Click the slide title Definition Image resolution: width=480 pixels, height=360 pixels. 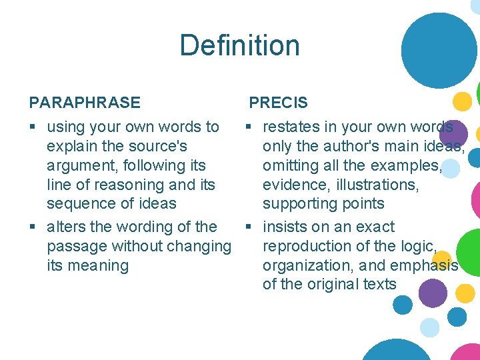pyautogui.click(x=239, y=46)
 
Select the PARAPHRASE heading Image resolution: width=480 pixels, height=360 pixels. pyautogui.click(x=85, y=103)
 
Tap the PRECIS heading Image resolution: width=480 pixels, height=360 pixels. pyautogui.click(x=278, y=103)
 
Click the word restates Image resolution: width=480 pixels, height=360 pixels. pyautogui.click(x=291, y=127)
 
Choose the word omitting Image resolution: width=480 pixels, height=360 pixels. pyautogui.click(x=291, y=165)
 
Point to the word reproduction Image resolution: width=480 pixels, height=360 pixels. pyautogui.click(x=309, y=247)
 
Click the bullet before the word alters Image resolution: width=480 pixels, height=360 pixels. pyautogui.click(x=33, y=227)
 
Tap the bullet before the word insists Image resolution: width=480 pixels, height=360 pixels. pyautogui.click(x=249, y=227)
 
